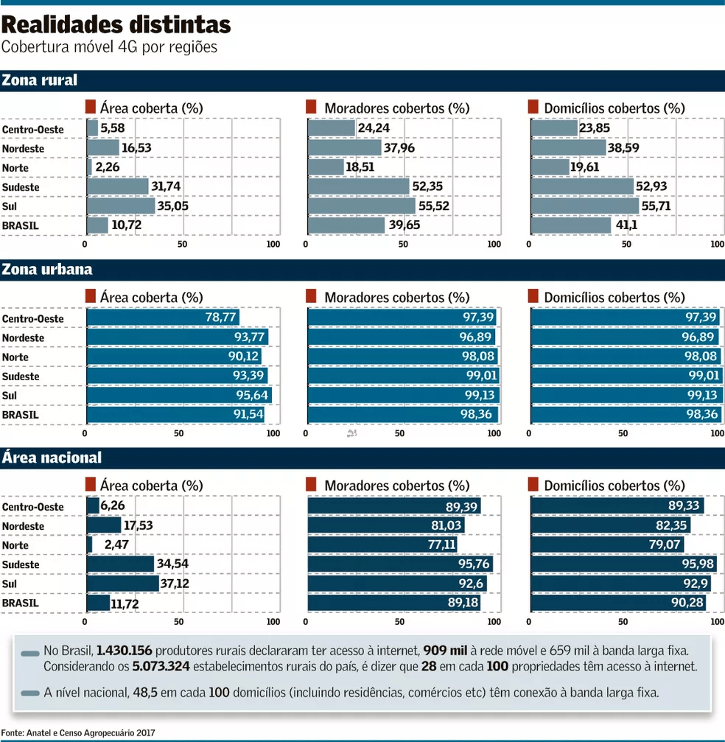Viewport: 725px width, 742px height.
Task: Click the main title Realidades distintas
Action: [x=116, y=24]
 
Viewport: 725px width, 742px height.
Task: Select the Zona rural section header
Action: [x=40, y=80]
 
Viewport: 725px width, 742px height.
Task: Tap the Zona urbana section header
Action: [x=47, y=269]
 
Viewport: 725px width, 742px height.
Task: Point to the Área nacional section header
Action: [x=52, y=458]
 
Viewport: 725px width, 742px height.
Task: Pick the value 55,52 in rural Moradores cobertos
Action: [x=435, y=206]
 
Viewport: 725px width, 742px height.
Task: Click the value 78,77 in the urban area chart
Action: [x=220, y=318]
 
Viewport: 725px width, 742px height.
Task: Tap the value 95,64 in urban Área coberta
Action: [x=252, y=395]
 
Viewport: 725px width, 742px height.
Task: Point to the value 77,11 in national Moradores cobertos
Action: [x=439, y=545]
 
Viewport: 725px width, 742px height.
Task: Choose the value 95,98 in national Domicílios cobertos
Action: [x=698, y=564]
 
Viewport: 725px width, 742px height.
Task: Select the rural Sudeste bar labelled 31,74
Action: [x=117, y=186]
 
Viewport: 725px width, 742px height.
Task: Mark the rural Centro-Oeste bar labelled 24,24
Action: [x=331, y=128]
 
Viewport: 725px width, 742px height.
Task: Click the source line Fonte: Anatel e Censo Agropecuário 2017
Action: [x=78, y=734]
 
